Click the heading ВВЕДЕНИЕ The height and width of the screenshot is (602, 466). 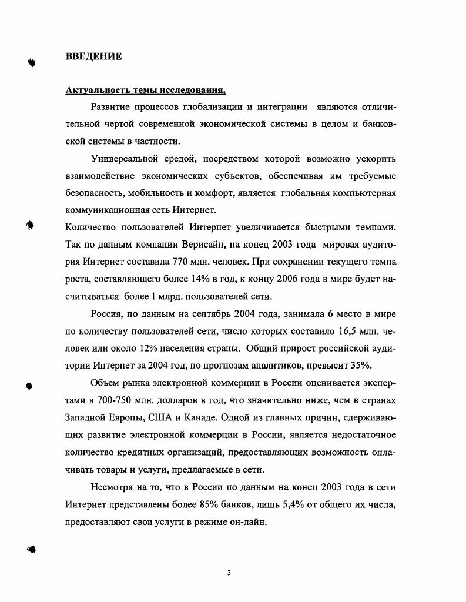pyautogui.click(x=94, y=56)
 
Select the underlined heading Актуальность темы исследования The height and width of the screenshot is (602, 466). pyautogui.click(x=146, y=91)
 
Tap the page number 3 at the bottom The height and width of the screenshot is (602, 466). pyautogui.click(x=230, y=573)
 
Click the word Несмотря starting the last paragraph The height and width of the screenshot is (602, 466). pyautogui.click(x=114, y=489)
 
